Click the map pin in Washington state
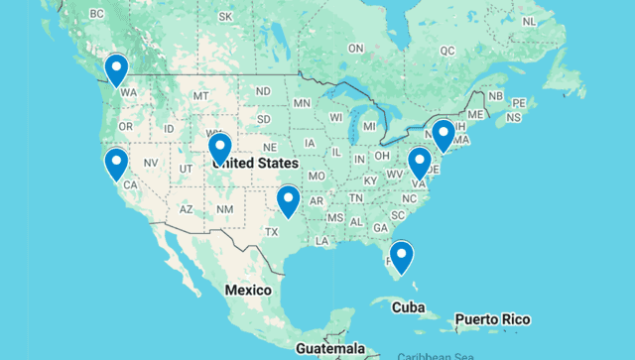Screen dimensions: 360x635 tap(117, 68)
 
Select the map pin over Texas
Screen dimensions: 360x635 tap(288, 199)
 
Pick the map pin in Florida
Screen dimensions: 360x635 tap(402, 256)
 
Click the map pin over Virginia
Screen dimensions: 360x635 tap(420, 162)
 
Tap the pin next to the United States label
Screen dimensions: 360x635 tap(219, 148)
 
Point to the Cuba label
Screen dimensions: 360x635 tap(408, 307)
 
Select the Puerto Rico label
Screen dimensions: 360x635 tap(492, 320)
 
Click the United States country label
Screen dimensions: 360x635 tap(255, 163)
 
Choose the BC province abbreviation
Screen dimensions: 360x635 tap(97, 14)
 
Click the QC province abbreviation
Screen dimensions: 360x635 tap(447, 50)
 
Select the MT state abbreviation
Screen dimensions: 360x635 tap(201, 95)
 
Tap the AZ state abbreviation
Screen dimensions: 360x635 tap(186, 209)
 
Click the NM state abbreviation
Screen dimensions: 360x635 tap(225, 209)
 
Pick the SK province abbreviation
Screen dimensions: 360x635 tap(225, 17)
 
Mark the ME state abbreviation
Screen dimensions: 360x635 tap(477, 115)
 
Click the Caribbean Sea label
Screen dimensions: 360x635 tap(438, 355)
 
